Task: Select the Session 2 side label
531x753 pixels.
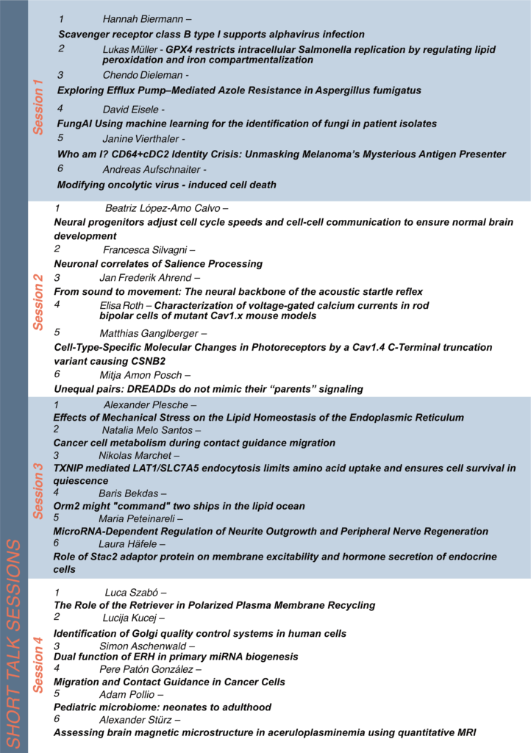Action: (38, 301)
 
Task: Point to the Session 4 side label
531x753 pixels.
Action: (38, 664)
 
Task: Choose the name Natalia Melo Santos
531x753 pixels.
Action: (146, 429)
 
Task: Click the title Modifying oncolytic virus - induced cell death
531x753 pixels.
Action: (167, 185)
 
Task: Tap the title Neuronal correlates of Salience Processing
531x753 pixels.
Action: (158, 263)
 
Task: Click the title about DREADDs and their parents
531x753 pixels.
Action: (209, 388)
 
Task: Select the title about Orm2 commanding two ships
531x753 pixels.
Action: (179, 506)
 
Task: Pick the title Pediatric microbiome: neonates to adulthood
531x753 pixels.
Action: (163, 707)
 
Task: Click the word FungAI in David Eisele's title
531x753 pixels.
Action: (74, 124)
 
